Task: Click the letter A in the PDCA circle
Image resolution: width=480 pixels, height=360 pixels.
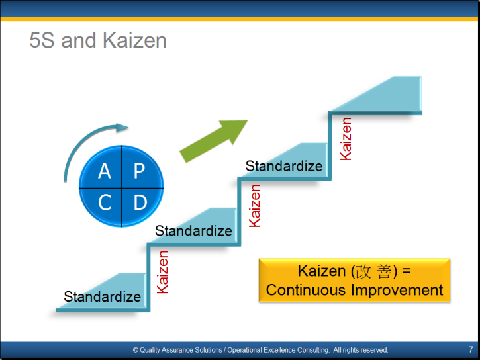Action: (105, 171)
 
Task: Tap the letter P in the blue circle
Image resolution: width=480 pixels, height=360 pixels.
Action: (139, 171)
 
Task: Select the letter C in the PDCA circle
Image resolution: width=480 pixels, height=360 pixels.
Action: (105, 202)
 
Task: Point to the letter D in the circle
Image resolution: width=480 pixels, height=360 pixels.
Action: (140, 202)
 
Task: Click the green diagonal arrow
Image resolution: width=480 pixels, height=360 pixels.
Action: (213, 142)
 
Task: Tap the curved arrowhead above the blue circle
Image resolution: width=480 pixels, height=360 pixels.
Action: (122, 128)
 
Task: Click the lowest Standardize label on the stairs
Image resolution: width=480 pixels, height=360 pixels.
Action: (102, 296)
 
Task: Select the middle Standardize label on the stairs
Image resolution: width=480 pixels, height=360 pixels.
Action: (193, 230)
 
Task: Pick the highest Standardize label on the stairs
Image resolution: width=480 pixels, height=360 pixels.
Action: (284, 166)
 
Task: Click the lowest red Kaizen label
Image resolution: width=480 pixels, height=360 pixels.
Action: (162, 272)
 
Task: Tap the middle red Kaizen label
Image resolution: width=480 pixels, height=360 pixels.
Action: (254, 206)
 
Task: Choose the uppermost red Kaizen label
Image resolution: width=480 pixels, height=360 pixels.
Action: (346, 139)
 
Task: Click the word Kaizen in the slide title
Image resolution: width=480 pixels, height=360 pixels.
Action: (134, 40)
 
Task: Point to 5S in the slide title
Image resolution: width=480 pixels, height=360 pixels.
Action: (42, 40)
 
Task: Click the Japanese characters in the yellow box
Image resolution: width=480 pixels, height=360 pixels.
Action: (374, 271)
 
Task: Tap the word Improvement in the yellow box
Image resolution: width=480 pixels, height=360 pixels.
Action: (397, 290)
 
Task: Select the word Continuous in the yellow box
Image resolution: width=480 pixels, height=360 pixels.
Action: (306, 290)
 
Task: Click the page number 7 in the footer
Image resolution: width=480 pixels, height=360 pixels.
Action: (471, 349)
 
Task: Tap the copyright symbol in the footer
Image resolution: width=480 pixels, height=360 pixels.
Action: (136, 350)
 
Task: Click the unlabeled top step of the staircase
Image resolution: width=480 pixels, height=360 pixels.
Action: (377, 95)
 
